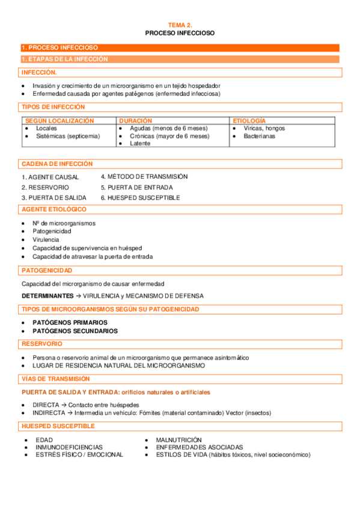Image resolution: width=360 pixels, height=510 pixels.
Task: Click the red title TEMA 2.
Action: (180, 25)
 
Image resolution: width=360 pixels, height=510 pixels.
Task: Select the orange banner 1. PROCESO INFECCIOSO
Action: (59, 48)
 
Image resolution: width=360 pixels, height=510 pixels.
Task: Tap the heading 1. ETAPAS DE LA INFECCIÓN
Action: (64, 59)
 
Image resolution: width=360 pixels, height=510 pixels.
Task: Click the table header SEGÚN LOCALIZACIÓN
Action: (59, 121)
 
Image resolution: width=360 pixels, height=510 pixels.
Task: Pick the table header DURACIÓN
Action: (135, 121)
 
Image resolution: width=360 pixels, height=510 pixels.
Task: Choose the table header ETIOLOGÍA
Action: (249, 121)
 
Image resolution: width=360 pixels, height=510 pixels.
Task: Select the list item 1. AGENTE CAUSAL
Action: (50, 177)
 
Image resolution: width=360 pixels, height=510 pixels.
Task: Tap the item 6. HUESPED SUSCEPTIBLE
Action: (140, 197)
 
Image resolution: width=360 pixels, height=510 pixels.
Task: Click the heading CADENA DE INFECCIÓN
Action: (57, 164)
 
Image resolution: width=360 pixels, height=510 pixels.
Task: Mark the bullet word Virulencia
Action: (46, 239)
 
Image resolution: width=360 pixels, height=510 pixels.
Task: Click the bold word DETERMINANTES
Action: (49, 296)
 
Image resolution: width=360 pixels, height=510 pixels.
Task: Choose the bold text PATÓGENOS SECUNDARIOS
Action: (75, 331)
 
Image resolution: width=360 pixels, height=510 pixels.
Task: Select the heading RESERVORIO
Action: (41, 343)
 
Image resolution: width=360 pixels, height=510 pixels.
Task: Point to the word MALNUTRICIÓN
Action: (178, 440)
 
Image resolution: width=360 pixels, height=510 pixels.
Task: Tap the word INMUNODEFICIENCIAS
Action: (69, 447)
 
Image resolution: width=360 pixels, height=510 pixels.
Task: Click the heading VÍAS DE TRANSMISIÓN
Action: (55, 379)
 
